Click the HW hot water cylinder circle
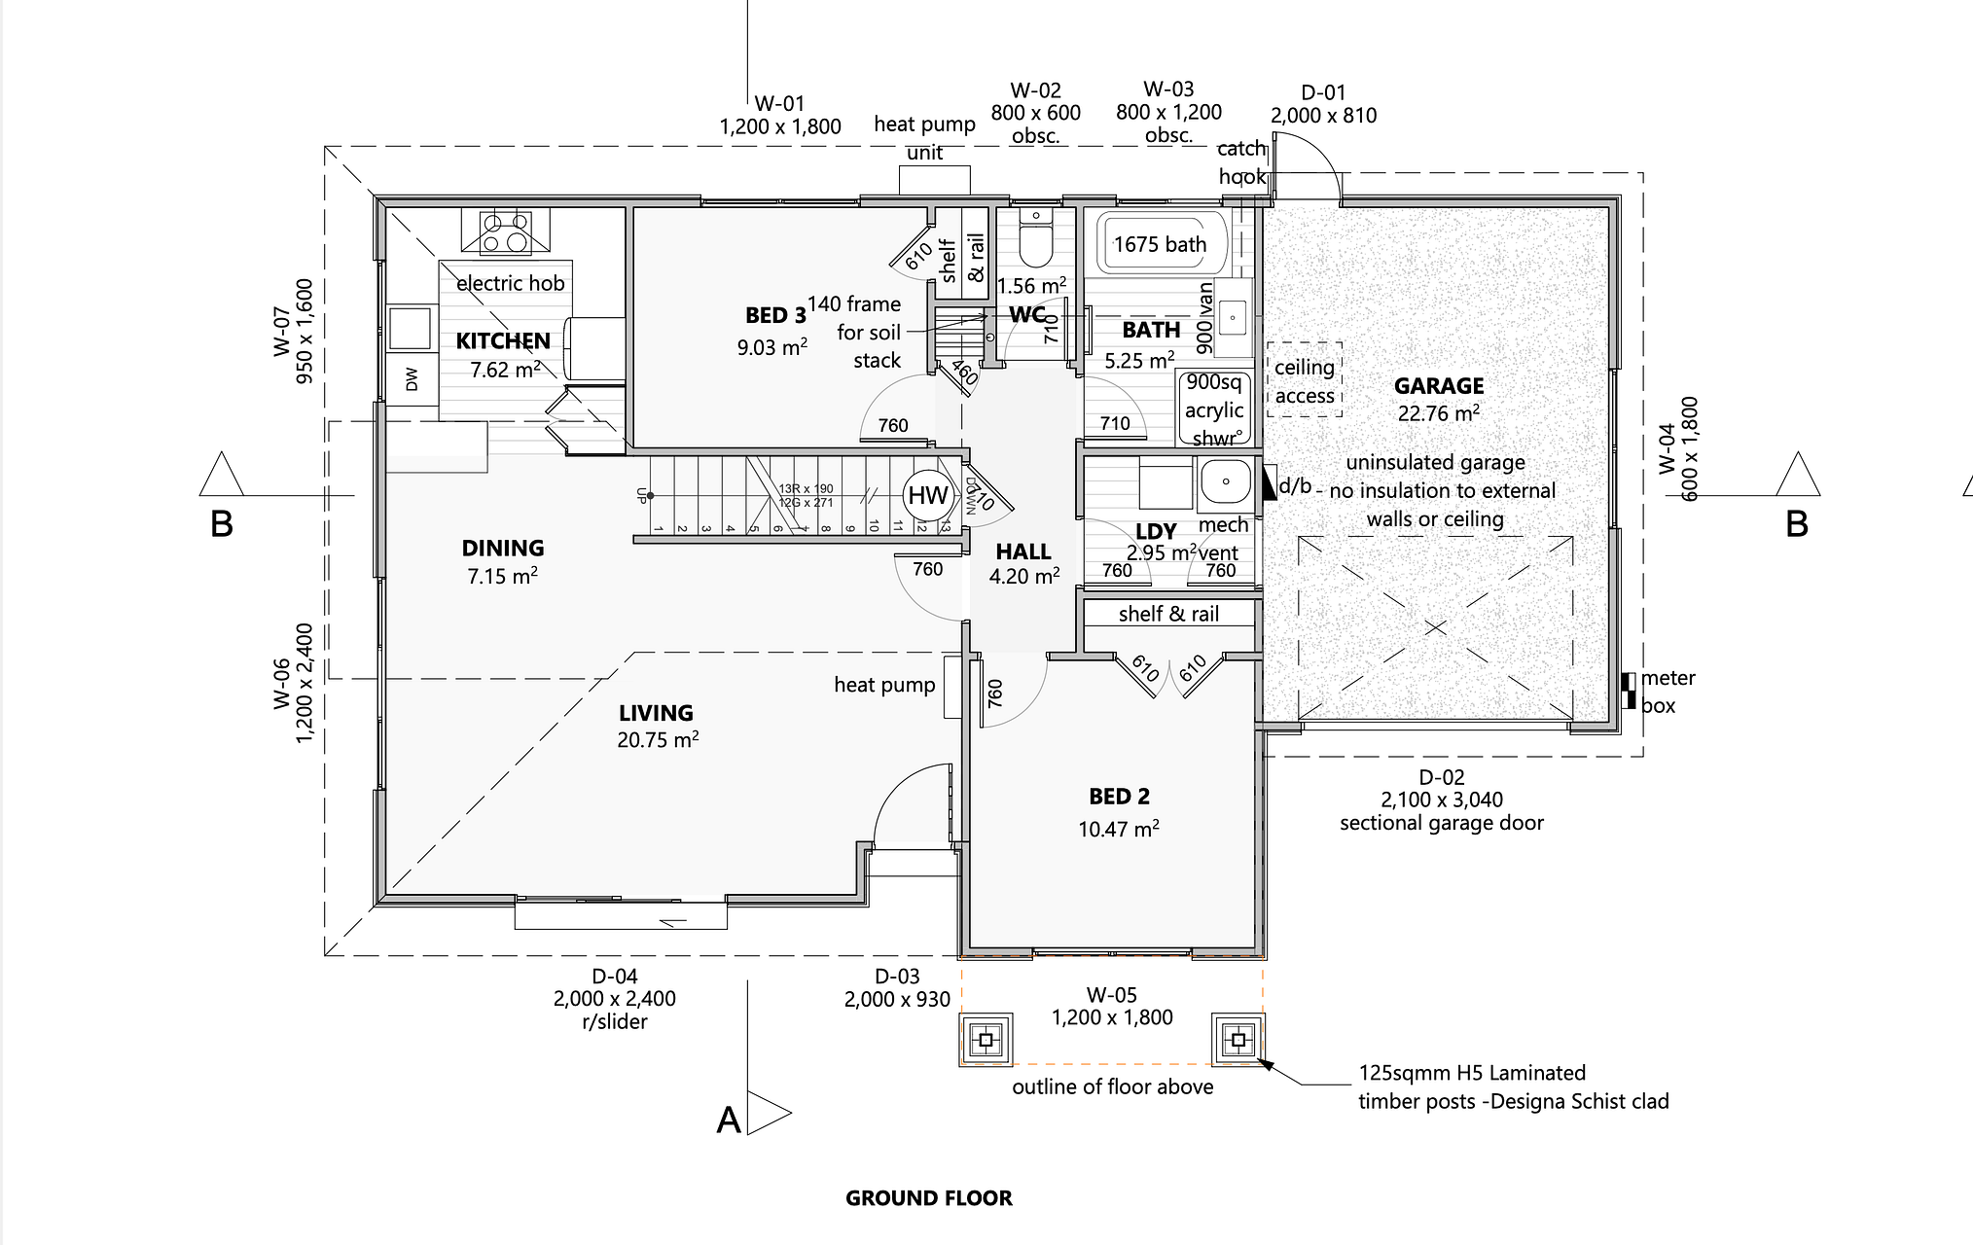pyautogui.click(x=927, y=495)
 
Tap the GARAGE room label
pyautogui.click(x=1439, y=386)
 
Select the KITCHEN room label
pyautogui.click(x=503, y=340)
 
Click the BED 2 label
pyautogui.click(x=1119, y=797)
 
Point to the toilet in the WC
pyautogui.click(x=1036, y=240)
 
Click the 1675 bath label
pyautogui.click(x=1160, y=244)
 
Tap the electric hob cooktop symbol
pyautogui.click(x=506, y=233)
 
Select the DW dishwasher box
pyautogui.click(x=412, y=378)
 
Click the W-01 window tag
pyautogui.click(x=779, y=103)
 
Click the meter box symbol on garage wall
pyautogui.click(x=1628, y=690)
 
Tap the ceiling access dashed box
pyautogui.click(x=1305, y=380)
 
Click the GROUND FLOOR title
pyautogui.click(x=928, y=1198)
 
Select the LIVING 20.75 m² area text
pyautogui.click(x=658, y=740)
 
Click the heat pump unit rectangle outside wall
pyautogui.click(x=934, y=180)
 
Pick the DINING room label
pyautogui.click(x=502, y=548)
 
